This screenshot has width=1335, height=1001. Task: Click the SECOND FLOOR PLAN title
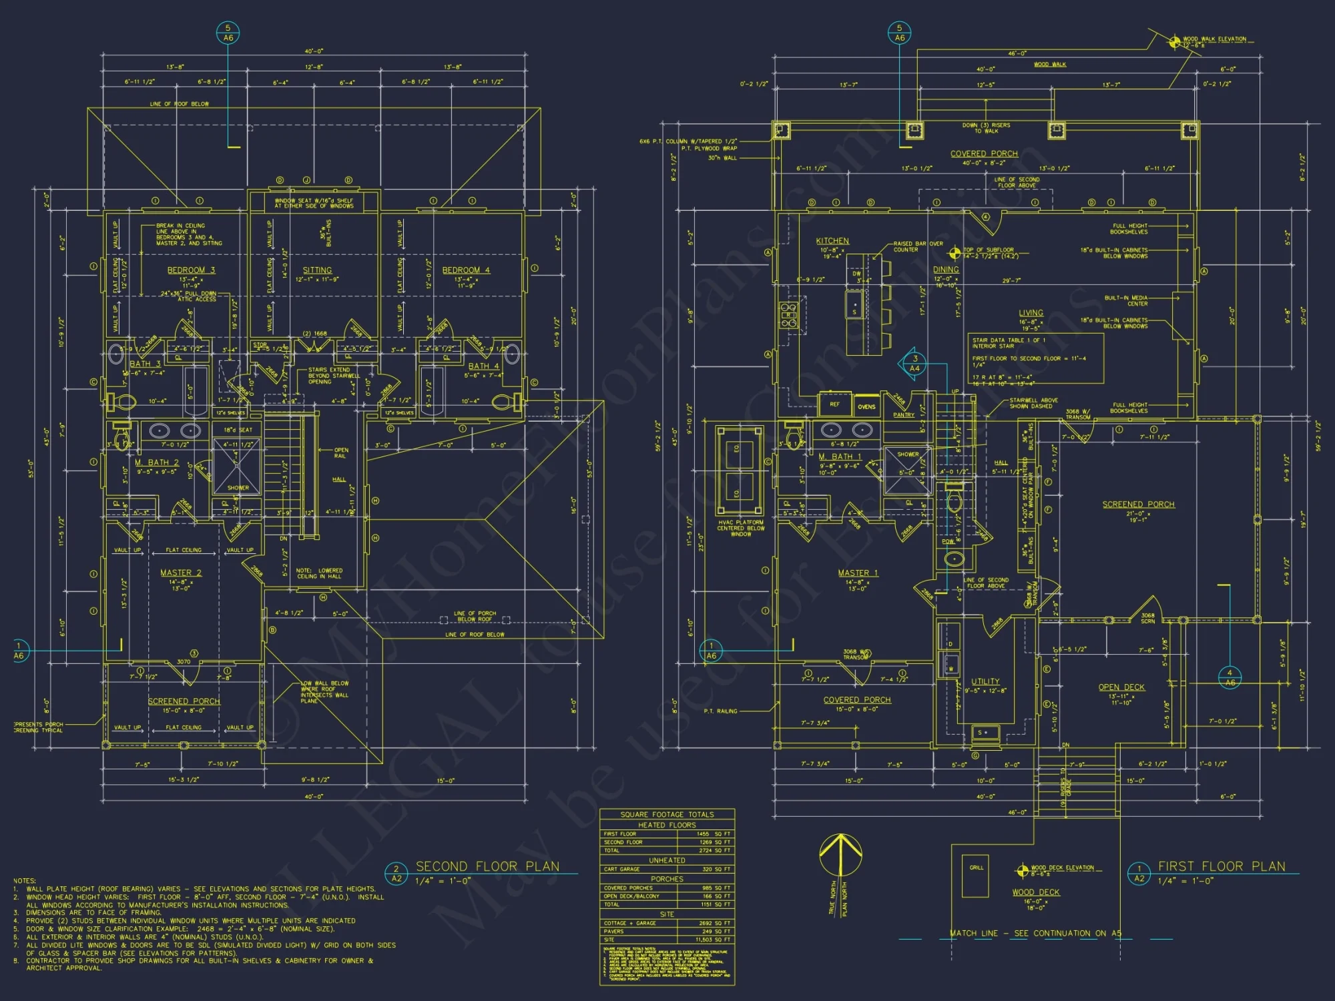coord(487,866)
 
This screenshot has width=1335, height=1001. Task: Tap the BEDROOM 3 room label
coord(191,270)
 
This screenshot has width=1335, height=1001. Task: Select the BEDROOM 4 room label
coord(466,270)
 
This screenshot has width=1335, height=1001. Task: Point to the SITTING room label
coord(317,270)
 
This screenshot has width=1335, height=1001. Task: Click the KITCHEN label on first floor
coord(832,241)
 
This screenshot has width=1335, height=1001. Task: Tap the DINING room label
coord(946,270)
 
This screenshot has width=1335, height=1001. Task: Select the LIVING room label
coord(1031,313)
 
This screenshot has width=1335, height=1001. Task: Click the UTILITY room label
coord(985,681)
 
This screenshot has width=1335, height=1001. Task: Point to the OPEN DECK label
coord(1121,687)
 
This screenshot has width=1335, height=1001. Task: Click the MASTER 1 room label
coord(858,573)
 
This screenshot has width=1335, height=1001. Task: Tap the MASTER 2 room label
coord(181,573)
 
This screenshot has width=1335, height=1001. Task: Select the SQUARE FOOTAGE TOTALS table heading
coord(667,814)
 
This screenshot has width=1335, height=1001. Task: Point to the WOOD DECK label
coord(1035,892)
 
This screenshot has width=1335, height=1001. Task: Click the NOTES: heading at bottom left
coord(25,881)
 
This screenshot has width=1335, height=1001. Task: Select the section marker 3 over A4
coord(914,363)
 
